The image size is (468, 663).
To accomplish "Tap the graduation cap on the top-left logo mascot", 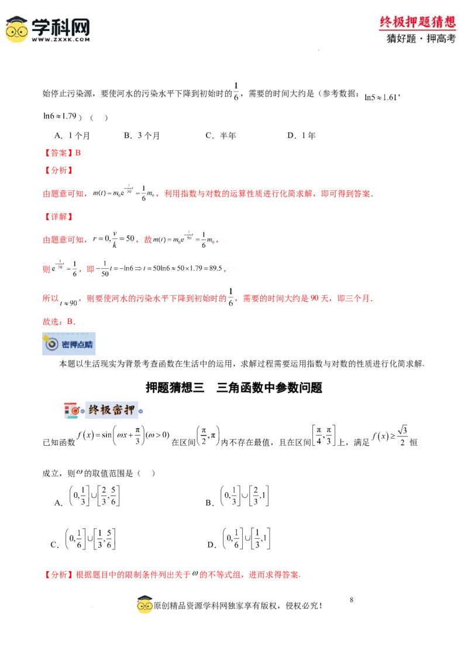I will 17,20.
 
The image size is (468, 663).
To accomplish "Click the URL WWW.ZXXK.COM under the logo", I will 61,40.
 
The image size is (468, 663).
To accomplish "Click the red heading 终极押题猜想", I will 418,22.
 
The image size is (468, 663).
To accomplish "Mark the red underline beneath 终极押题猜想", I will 418,30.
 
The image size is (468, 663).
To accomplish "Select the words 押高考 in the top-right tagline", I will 442,39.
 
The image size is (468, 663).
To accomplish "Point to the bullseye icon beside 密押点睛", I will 51,344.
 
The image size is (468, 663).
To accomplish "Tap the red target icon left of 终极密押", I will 73,411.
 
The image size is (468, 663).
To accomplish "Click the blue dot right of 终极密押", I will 140,410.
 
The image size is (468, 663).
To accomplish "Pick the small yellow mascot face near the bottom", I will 144,607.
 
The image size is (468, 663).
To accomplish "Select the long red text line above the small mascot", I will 173,575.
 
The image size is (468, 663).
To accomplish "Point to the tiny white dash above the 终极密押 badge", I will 168,377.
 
